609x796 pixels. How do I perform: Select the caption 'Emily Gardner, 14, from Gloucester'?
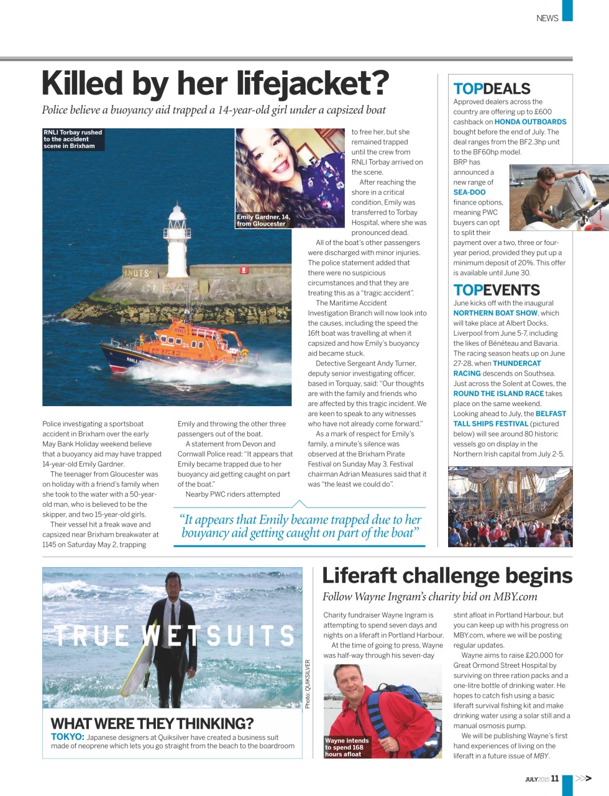point(263,220)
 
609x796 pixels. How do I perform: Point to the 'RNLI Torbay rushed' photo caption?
point(73,139)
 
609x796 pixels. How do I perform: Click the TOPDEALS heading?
point(492,89)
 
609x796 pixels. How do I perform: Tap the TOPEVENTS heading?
point(497,290)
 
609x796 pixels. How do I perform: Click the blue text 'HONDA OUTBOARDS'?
point(530,122)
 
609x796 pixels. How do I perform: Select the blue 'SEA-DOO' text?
point(469,192)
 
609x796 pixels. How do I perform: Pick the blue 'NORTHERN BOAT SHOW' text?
point(495,313)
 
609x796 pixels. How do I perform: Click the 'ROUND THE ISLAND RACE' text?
point(498,394)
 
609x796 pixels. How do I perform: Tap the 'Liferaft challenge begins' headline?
point(447,576)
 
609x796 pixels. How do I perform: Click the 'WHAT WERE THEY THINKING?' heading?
point(152,723)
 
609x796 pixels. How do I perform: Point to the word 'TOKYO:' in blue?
point(67,737)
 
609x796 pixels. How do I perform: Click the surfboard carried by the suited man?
point(138,660)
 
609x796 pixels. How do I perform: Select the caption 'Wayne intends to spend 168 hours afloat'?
point(347,747)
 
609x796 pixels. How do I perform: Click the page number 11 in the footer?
point(554,778)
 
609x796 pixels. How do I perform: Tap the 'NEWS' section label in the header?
point(547,18)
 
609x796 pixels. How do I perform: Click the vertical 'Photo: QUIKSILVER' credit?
point(308,684)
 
